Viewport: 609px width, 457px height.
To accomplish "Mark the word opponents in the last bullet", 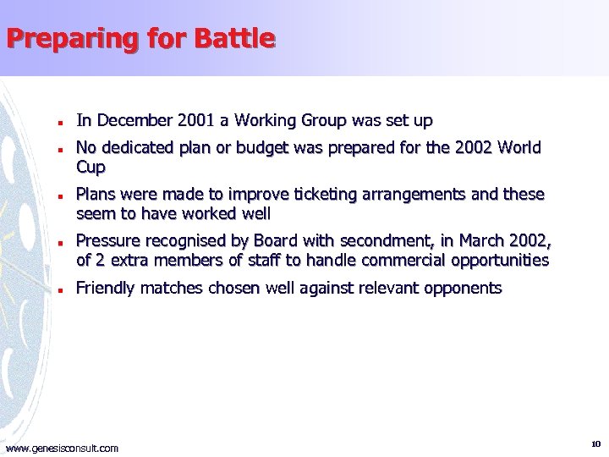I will [x=463, y=289].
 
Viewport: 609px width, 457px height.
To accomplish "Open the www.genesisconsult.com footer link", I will [x=62, y=448].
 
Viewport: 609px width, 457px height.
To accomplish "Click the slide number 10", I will [x=595, y=443].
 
